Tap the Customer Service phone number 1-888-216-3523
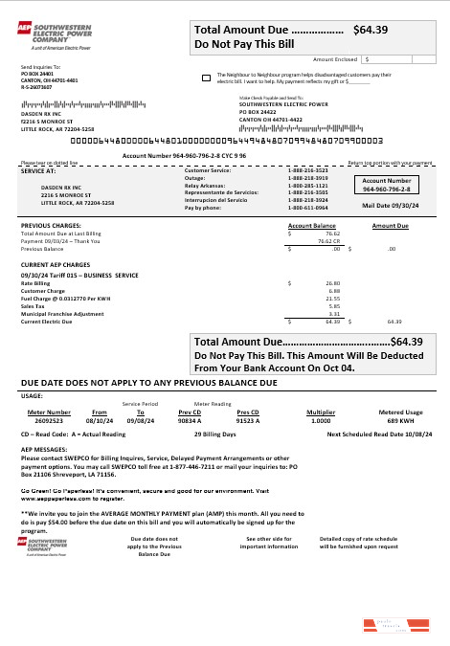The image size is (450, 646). [x=308, y=170]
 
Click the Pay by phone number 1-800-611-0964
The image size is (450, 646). [x=308, y=207]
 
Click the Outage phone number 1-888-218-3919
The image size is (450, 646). [x=308, y=178]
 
